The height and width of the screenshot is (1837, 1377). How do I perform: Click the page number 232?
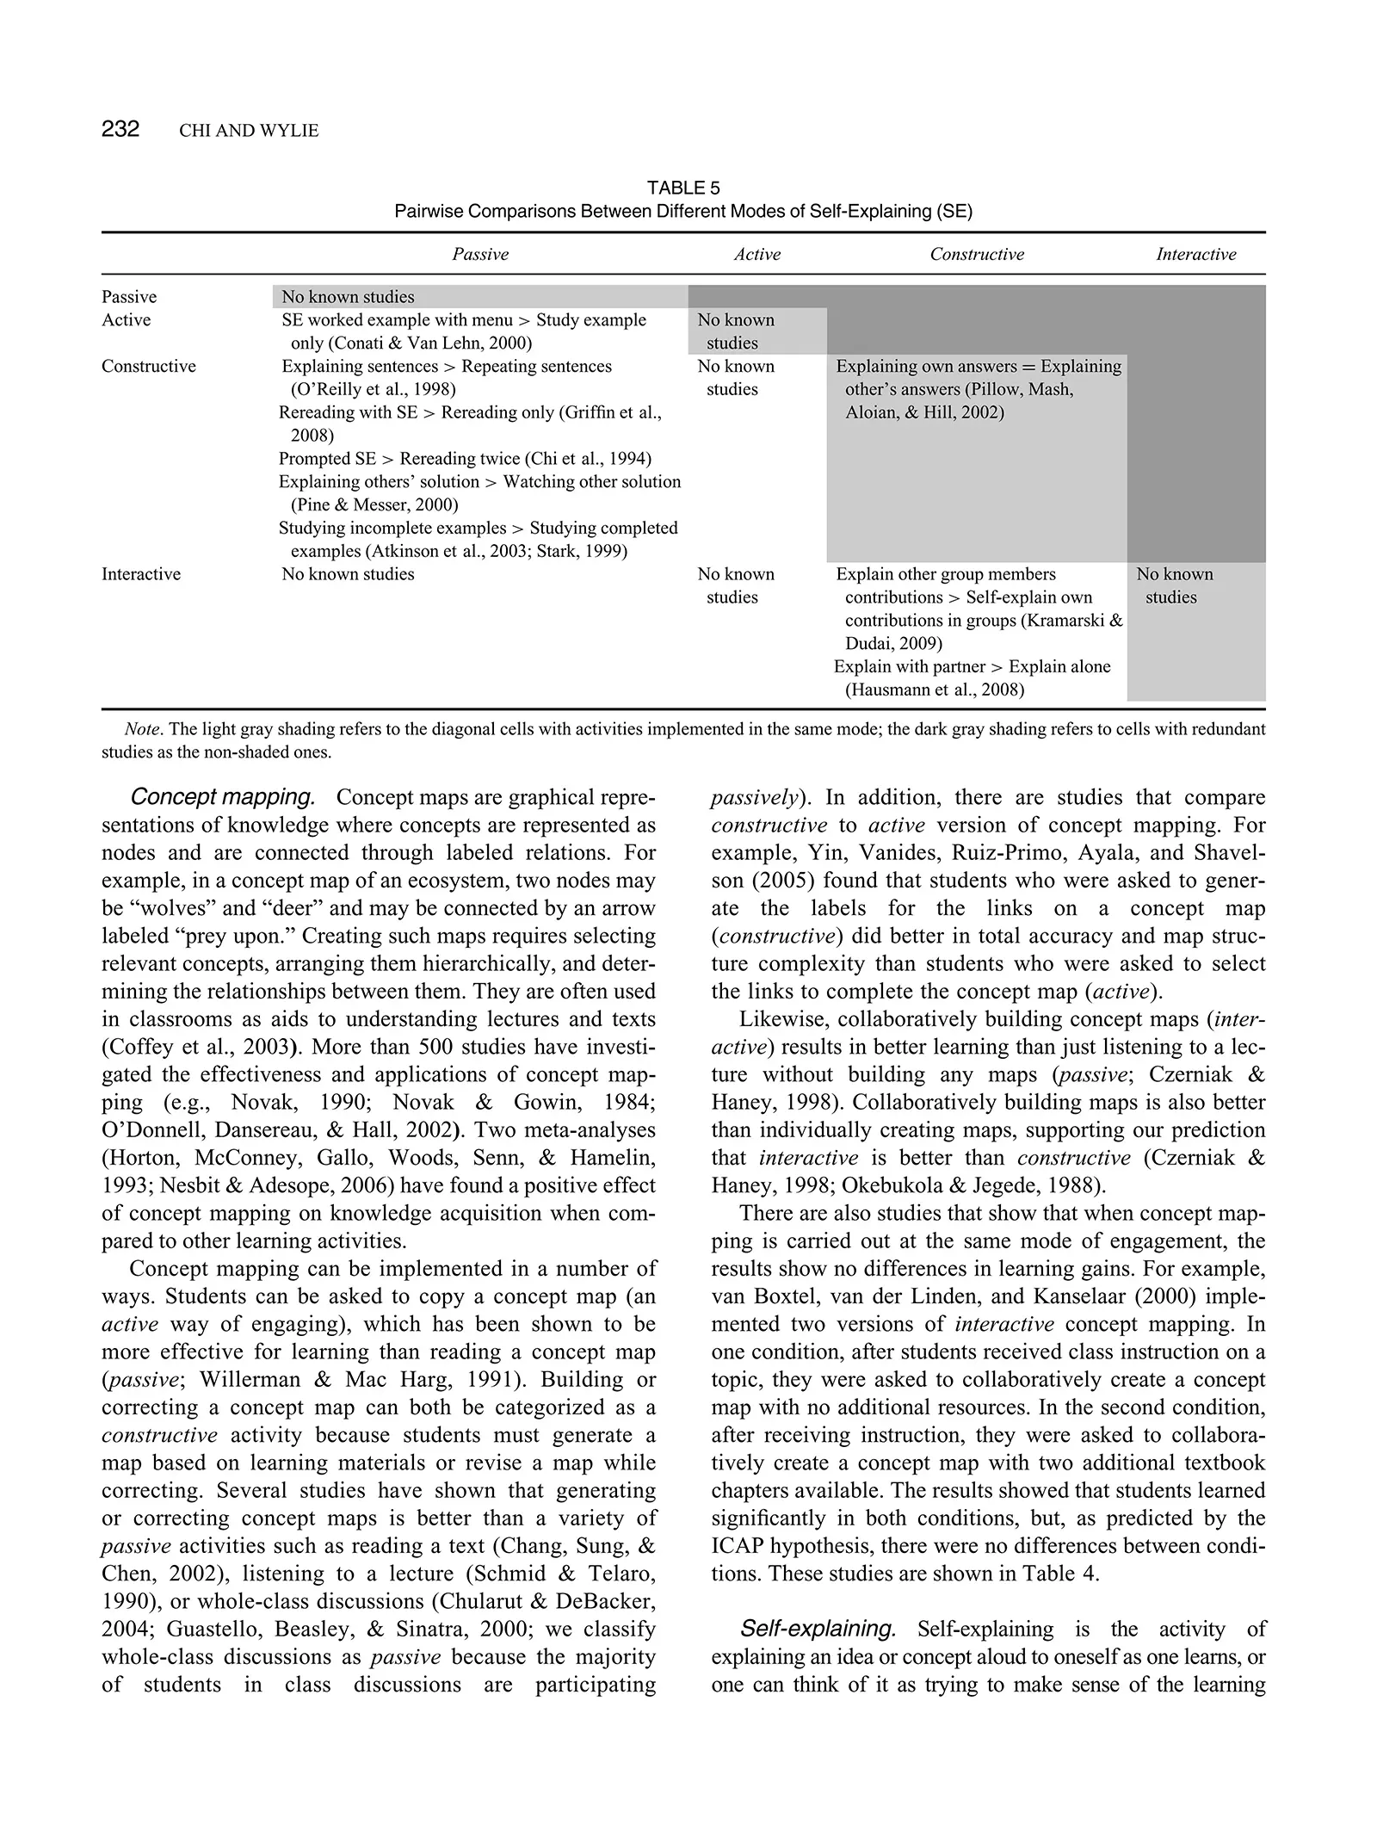(120, 129)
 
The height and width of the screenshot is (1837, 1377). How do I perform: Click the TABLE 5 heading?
(682, 188)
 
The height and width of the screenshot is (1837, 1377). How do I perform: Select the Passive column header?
(480, 254)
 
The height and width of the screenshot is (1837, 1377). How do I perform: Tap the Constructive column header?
(977, 254)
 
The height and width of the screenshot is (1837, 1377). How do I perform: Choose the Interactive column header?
(1195, 254)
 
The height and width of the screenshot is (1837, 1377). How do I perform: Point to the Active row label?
(126, 320)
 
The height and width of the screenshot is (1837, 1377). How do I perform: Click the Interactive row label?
(141, 574)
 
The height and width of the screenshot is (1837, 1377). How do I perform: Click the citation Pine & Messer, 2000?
(374, 505)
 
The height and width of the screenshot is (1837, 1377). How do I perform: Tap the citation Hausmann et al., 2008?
(935, 690)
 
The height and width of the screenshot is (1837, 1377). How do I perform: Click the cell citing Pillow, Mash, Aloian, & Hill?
(979, 389)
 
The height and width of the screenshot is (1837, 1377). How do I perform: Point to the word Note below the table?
(142, 730)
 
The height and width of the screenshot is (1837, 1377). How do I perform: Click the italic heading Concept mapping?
(222, 797)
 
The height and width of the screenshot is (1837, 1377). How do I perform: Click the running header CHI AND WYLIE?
(249, 131)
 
